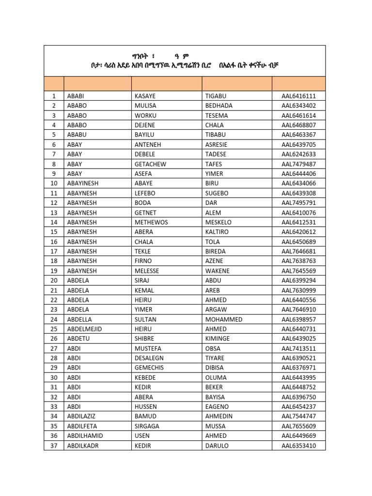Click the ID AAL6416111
click(x=298, y=96)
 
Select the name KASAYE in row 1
click(x=145, y=96)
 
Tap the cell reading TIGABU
click(x=216, y=96)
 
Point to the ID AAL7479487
click(x=298, y=164)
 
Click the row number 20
click(x=54, y=280)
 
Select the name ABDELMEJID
click(x=85, y=329)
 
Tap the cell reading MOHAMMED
click(x=224, y=319)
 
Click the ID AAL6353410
click(x=298, y=446)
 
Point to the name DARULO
click(x=217, y=446)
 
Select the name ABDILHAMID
click(x=85, y=436)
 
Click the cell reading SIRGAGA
click(x=147, y=426)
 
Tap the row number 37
click(x=54, y=446)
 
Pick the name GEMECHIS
click(x=149, y=368)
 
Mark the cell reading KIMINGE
click(x=217, y=339)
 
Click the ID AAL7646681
click(x=298, y=251)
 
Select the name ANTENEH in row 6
click(x=148, y=144)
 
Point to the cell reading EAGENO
click(x=217, y=407)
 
